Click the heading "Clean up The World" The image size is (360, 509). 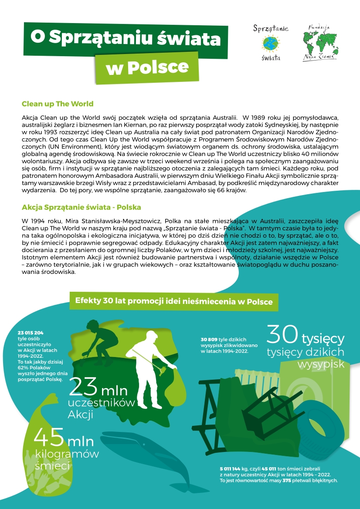click(x=58, y=104)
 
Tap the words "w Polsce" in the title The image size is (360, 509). click(x=147, y=67)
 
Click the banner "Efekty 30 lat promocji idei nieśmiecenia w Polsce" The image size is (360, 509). click(x=174, y=301)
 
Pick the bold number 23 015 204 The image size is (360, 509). click(x=31, y=333)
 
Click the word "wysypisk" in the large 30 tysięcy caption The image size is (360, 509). click(x=320, y=364)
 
